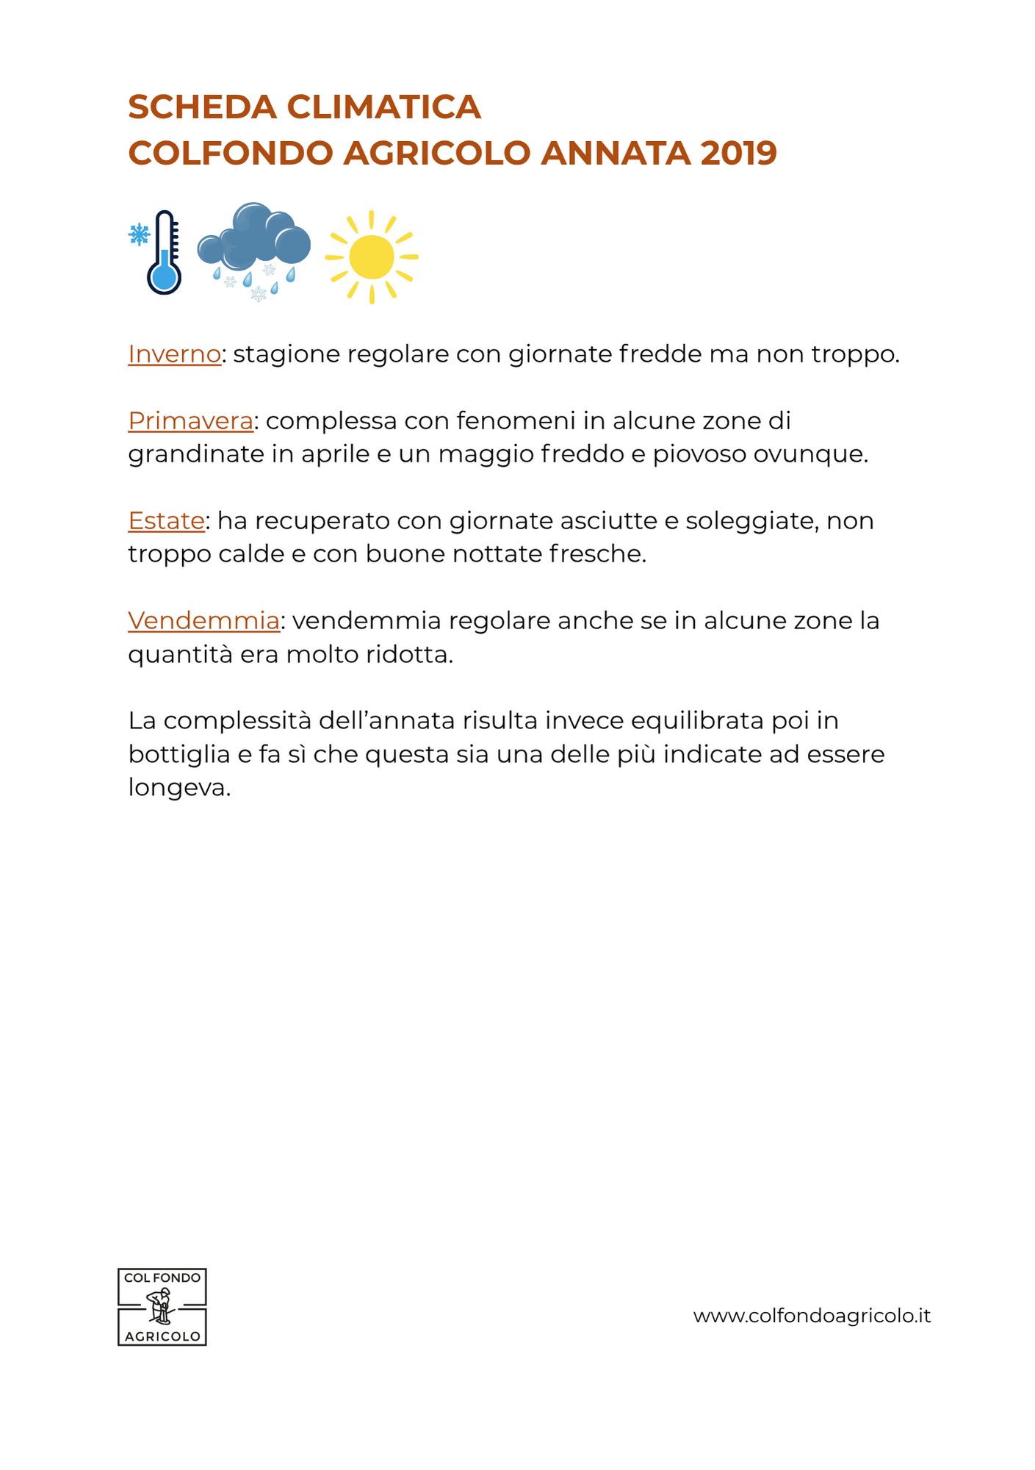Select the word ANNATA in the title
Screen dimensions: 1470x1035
point(615,154)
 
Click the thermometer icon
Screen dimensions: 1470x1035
point(165,254)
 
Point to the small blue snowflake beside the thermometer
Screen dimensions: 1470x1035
point(138,234)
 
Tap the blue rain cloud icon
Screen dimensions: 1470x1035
point(254,243)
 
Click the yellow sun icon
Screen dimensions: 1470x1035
point(372,257)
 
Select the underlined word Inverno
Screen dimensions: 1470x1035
point(174,354)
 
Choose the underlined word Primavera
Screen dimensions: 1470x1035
point(190,421)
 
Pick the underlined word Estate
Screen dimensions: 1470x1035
point(166,521)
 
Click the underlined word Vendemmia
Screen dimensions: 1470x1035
point(203,621)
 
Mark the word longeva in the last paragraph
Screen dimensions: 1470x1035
point(179,788)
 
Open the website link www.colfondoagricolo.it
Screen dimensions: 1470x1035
point(812,1316)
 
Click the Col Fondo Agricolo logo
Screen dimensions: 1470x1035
point(162,1307)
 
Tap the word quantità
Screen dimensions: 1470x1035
point(180,655)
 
